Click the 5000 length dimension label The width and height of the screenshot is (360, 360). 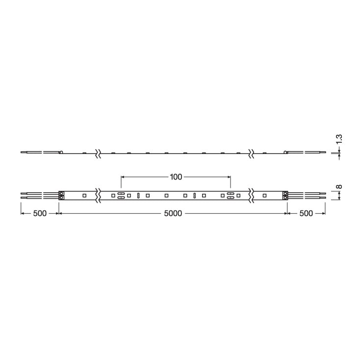click(173, 213)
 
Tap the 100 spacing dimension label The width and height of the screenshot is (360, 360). click(176, 177)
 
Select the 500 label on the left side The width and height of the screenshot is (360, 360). click(40, 213)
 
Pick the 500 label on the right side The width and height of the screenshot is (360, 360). click(306, 213)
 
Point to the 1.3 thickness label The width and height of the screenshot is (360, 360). click(339, 139)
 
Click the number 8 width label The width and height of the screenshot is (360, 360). click(339, 186)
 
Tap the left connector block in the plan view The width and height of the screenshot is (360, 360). click(61, 196)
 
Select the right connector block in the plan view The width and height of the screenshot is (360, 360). click(285, 196)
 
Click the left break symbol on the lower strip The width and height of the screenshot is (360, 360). click(98, 196)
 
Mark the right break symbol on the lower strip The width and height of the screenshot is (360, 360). click(251, 196)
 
